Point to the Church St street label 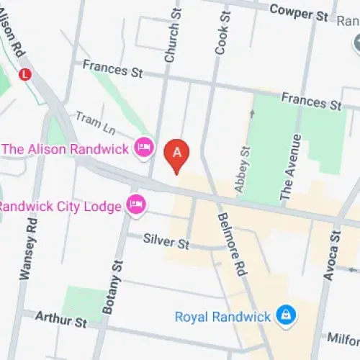[173, 36]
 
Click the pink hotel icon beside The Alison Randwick [144, 148]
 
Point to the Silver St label [166, 240]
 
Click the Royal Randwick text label [223, 316]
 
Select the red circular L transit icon [26, 73]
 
